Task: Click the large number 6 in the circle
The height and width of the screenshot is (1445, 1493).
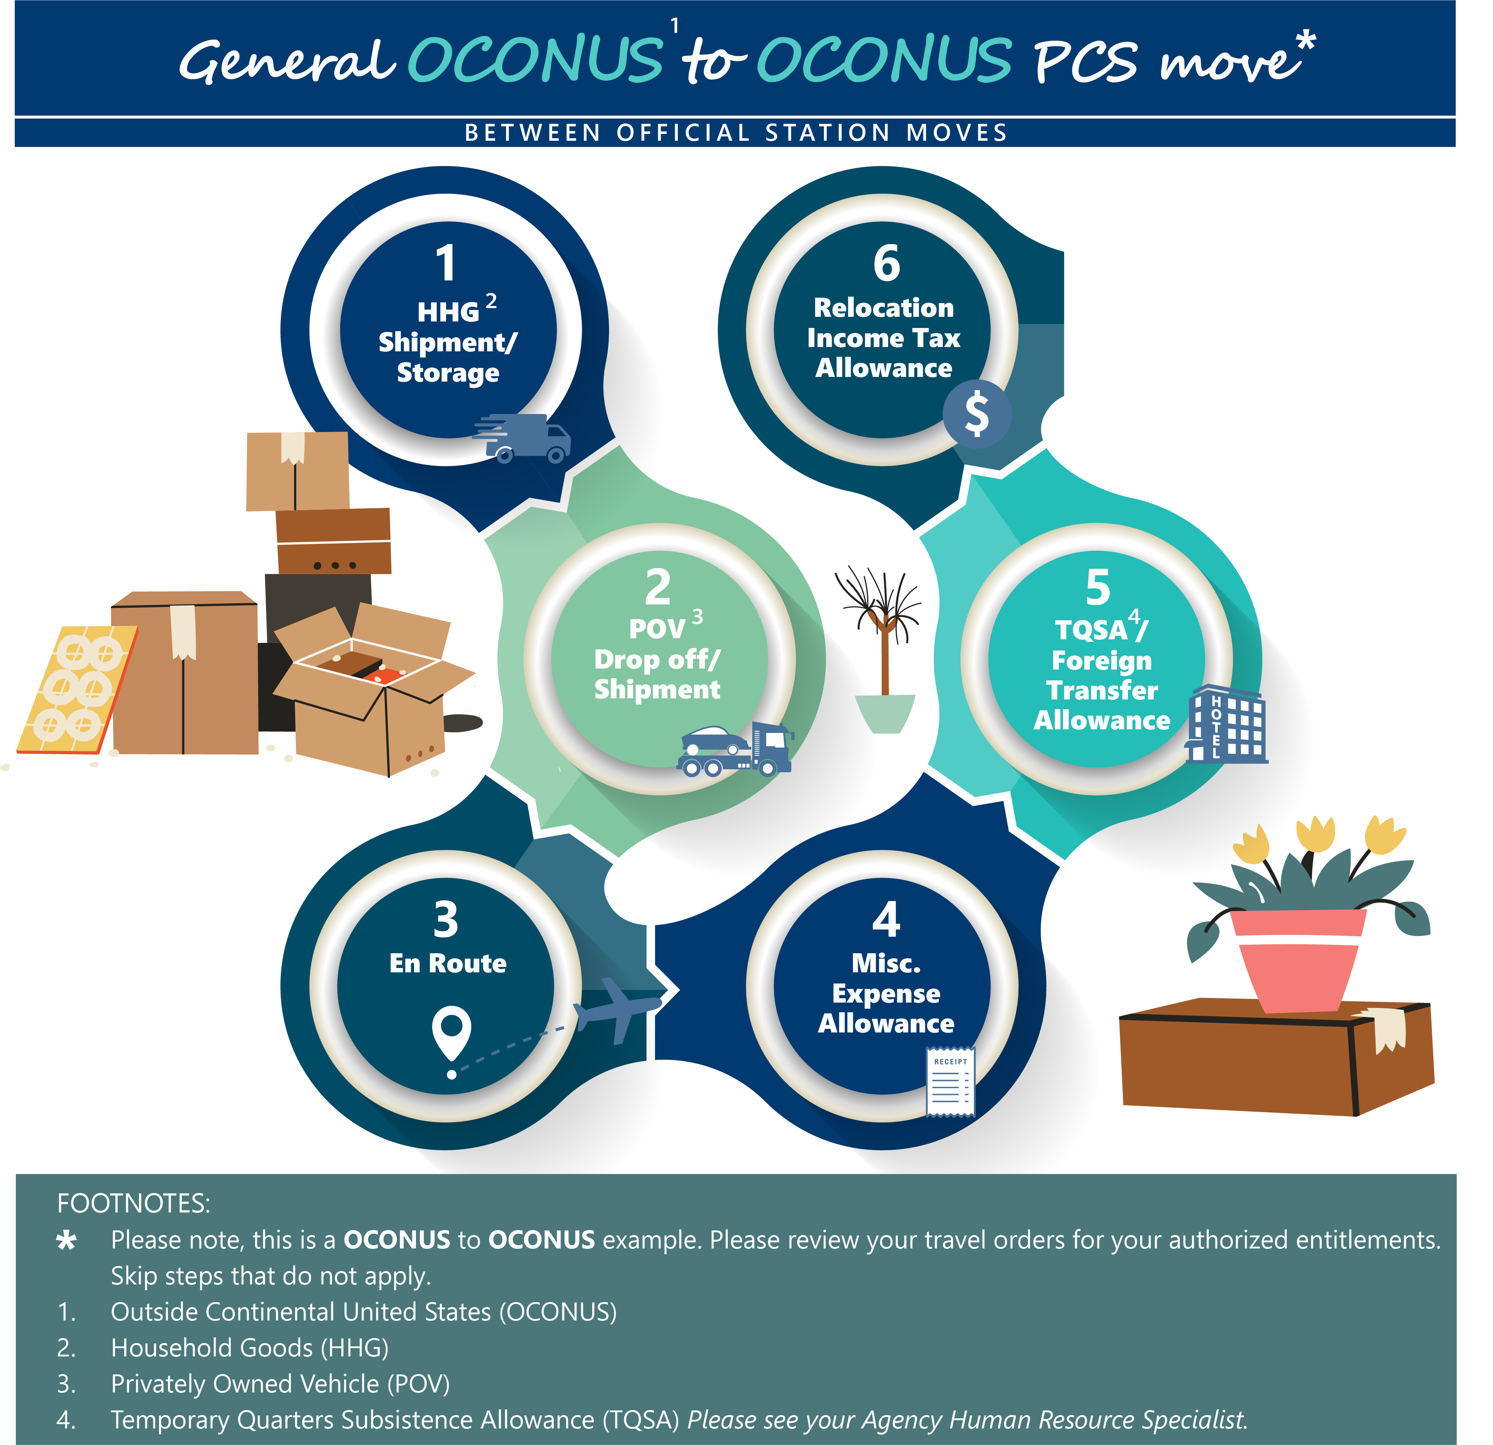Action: (886, 264)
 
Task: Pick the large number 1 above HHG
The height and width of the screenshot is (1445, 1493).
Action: (446, 264)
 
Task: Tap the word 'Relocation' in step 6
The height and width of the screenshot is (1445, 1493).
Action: (883, 308)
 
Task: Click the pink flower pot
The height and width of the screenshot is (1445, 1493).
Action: (1296, 960)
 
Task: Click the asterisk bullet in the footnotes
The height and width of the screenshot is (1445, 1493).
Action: (67, 1241)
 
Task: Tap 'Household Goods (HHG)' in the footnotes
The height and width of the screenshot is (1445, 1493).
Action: (250, 1348)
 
